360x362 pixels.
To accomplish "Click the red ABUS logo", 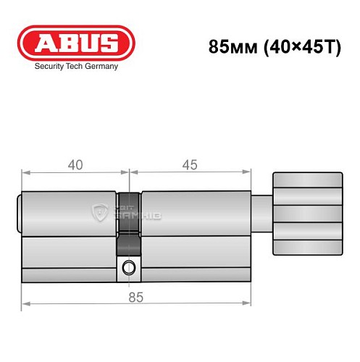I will (x=76, y=43).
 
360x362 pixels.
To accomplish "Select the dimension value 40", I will (x=75, y=164).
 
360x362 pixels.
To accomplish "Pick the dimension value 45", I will (x=190, y=164).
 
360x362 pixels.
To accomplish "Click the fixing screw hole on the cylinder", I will (x=128, y=268).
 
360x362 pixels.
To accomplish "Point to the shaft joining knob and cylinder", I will (x=261, y=214).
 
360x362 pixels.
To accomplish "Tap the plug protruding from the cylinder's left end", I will (x=20, y=214).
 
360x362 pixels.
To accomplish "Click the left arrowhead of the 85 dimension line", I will (x=25, y=304).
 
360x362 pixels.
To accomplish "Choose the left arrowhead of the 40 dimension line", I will (x=25, y=174).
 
